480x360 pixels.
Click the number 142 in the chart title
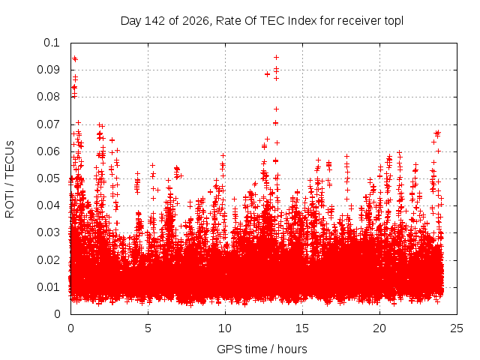(x=155, y=21)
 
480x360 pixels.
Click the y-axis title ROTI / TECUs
(x=10, y=179)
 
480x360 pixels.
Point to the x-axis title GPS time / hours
(x=262, y=349)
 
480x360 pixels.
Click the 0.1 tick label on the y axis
(x=52, y=43)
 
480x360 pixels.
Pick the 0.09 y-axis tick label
(x=48, y=70)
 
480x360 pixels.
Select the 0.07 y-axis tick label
(x=48, y=124)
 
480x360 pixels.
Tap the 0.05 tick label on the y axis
(x=48, y=178)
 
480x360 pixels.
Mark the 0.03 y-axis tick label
(x=48, y=232)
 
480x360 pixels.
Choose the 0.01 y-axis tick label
(x=48, y=287)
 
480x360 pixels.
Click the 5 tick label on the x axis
(x=148, y=328)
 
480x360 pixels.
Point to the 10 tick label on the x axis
(x=225, y=328)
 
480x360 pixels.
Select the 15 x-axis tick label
(x=302, y=328)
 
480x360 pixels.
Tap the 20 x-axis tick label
(x=379, y=328)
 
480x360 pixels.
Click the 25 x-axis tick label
(x=457, y=328)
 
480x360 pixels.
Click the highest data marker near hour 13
(x=277, y=57)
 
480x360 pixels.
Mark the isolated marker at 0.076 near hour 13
(x=277, y=109)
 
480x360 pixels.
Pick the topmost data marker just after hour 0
(x=74, y=58)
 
